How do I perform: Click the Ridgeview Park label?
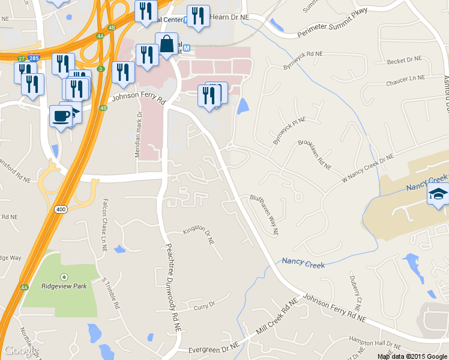coord(64,286)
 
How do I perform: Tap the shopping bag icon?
coord(166,45)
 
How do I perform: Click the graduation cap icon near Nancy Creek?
coord(438,195)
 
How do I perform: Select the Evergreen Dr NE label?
coord(213,347)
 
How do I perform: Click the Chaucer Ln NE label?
coord(407,79)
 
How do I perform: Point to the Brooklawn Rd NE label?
coord(315,155)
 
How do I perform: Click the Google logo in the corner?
coord(21,350)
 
